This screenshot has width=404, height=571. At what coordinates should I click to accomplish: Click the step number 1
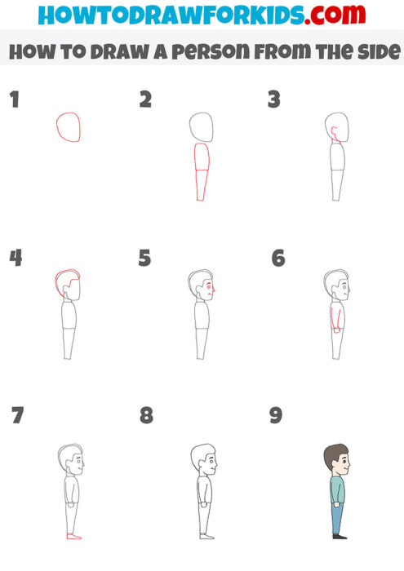click(x=14, y=100)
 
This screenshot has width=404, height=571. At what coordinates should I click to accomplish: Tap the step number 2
click(x=146, y=100)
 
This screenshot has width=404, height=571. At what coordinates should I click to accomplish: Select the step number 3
click(x=274, y=100)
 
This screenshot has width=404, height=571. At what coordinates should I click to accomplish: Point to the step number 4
click(x=16, y=258)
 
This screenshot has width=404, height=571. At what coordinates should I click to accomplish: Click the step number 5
click(x=145, y=259)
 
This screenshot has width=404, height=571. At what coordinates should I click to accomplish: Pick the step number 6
click(x=278, y=259)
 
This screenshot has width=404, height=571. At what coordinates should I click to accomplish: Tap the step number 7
click(x=17, y=415)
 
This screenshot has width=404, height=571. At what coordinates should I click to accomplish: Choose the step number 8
click(x=146, y=415)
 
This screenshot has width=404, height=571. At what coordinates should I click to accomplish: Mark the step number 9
click(x=276, y=415)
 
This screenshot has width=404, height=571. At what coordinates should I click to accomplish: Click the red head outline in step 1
click(x=69, y=127)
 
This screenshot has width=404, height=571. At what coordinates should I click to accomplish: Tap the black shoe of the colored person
click(x=339, y=536)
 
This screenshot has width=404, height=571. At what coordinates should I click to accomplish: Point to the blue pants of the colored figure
click(x=337, y=518)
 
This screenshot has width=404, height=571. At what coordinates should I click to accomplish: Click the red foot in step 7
click(x=73, y=537)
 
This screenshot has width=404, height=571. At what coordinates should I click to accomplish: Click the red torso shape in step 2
click(x=202, y=171)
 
